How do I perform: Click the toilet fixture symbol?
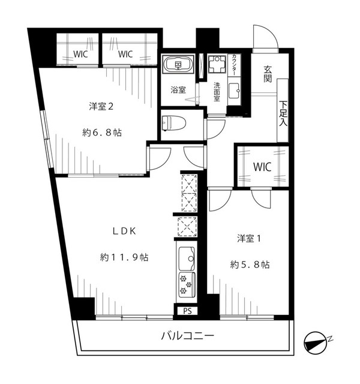(174, 123)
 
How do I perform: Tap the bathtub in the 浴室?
(178, 64)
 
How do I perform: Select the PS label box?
(187, 311)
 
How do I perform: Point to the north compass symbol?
(316, 343)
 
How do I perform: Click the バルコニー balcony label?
(187, 336)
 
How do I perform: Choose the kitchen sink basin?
(187, 257)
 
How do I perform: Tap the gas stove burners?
(187, 284)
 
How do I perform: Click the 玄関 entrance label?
(268, 74)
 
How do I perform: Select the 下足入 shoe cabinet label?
(283, 113)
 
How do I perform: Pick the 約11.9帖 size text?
(124, 257)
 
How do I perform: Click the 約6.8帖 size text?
(102, 133)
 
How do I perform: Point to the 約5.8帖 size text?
(250, 265)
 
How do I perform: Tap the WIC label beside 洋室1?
(262, 167)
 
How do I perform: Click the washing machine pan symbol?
(217, 64)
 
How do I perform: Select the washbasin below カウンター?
(235, 91)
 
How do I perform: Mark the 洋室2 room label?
(101, 107)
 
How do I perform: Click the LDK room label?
(124, 232)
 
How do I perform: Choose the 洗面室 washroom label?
(217, 92)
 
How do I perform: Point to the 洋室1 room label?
(249, 239)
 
